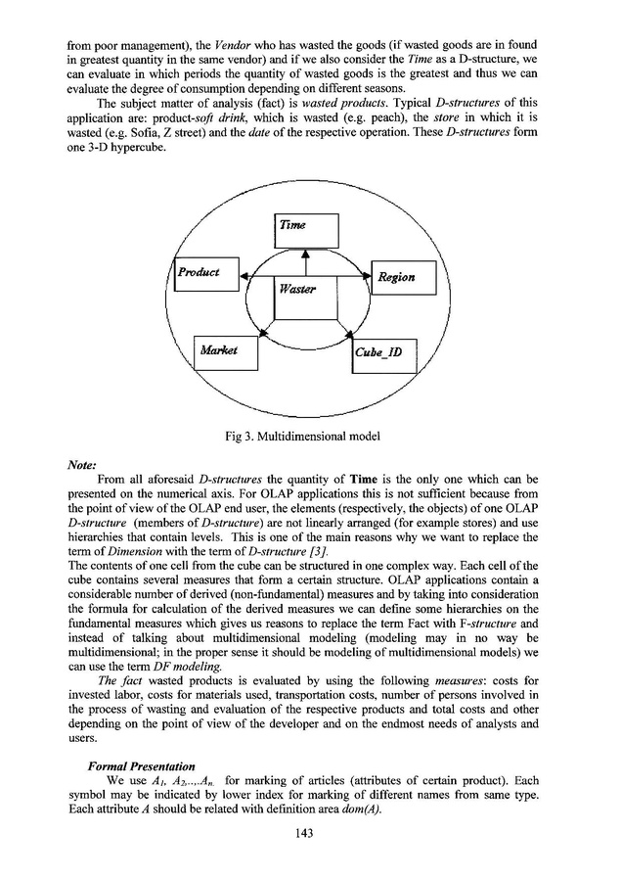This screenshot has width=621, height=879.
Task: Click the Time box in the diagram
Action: point(305,230)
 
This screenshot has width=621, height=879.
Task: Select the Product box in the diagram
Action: point(205,273)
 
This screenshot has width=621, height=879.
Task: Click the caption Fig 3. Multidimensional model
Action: point(310,435)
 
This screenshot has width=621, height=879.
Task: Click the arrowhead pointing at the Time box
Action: point(307,254)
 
